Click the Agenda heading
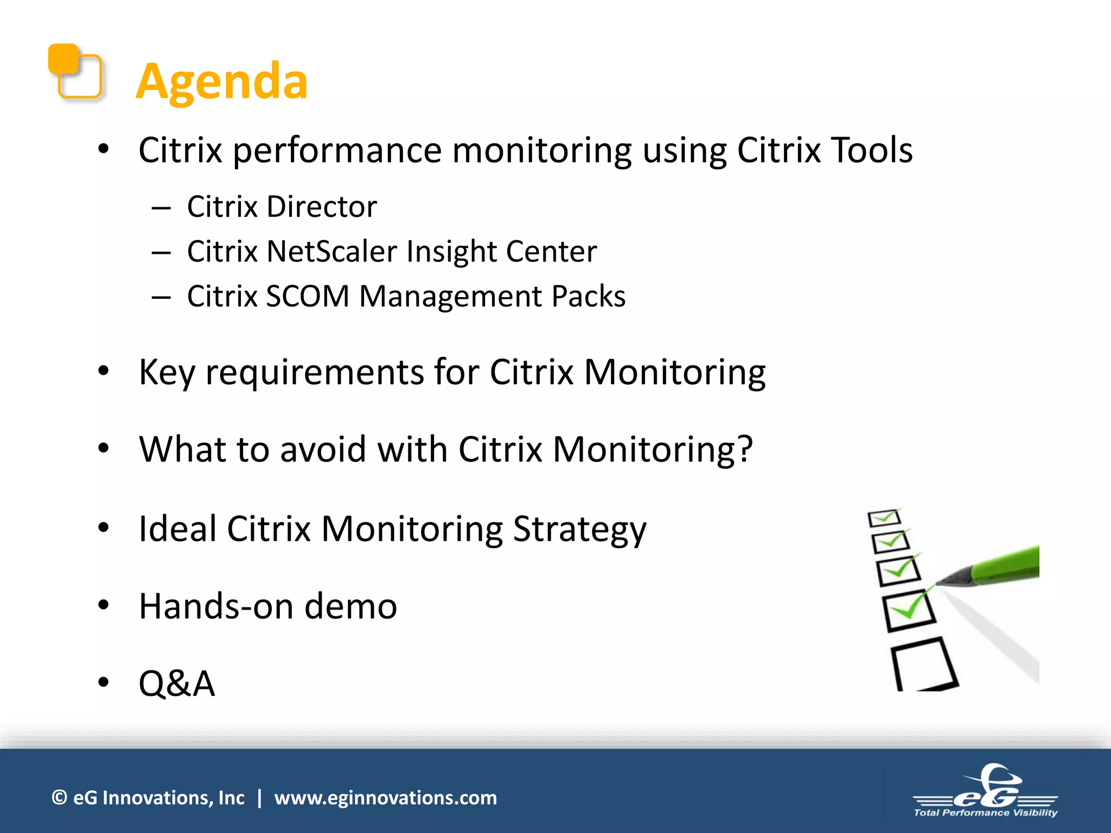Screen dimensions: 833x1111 221,81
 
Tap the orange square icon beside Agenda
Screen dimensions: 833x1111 74,71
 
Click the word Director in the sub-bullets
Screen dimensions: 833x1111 321,207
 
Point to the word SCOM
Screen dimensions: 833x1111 307,297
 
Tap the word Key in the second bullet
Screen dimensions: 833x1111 166,373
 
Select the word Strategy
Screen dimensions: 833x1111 579,529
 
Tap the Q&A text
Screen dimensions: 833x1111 177,683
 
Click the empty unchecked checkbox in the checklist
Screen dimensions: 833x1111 923,664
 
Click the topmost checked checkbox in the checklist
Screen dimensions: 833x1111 884,518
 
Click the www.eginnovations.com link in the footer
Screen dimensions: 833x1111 385,798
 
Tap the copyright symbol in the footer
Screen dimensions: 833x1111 59,798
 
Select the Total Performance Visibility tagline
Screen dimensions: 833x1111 985,812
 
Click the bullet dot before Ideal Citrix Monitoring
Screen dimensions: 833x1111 104,528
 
